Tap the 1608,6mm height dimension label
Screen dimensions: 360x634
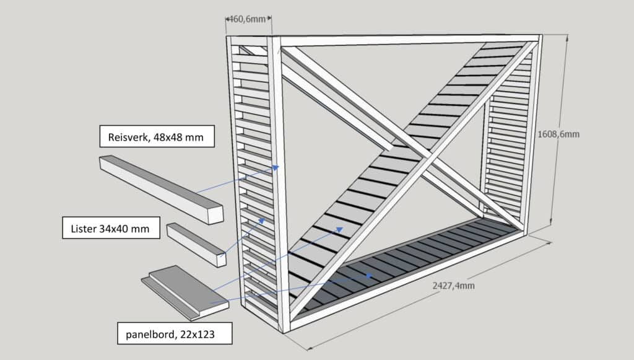pos(560,133)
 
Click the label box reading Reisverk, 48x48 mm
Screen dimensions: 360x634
pos(157,136)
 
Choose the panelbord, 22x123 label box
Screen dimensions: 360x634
pos(174,335)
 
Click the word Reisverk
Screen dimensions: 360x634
pos(128,136)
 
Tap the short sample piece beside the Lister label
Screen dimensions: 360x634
pos(196,244)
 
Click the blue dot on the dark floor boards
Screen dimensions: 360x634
pos(369,275)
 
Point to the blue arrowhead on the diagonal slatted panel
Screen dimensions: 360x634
pos(340,229)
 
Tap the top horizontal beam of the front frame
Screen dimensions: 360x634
pos(409,40)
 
